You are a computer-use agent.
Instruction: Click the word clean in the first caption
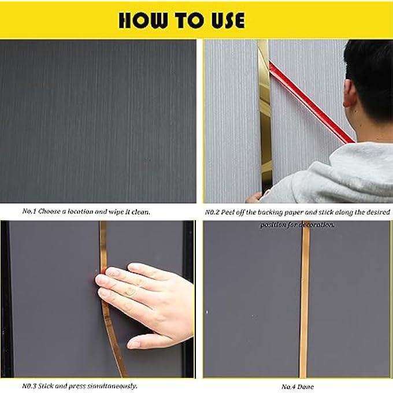(139, 212)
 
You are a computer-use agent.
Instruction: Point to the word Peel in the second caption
(232, 212)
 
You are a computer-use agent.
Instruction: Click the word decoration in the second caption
(316, 224)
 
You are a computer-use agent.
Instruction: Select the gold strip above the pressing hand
(103, 243)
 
